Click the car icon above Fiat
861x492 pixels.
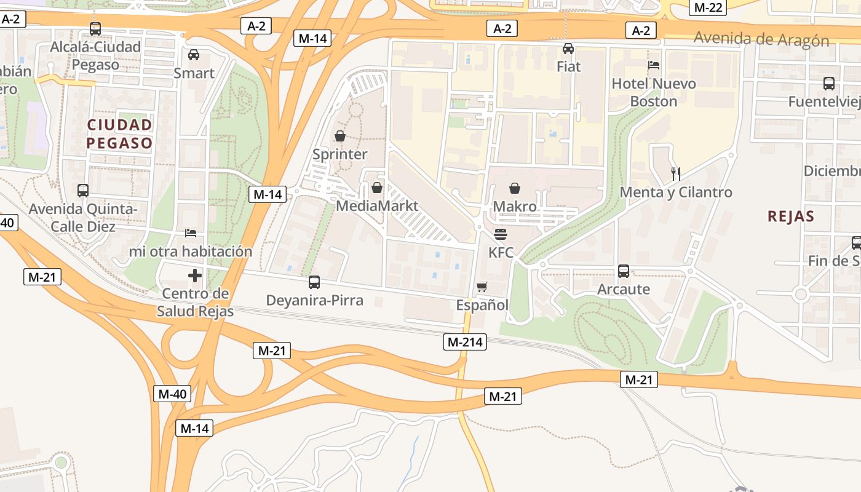(568, 49)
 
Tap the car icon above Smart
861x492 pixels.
(194, 55)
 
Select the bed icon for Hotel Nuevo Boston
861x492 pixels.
(654, 65)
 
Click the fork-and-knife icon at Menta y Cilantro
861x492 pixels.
(676, 173)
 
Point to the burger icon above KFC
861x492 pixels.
(501, 234)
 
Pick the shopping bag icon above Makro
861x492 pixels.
(515, 188)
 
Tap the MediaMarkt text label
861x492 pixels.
(377, 205)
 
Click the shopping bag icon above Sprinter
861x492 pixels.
(339, 136)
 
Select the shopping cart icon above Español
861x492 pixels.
(482, 287)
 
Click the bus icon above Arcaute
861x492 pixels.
(624, 271)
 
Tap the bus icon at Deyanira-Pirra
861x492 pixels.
(314, 282)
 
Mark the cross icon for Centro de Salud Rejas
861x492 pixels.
(195, 276)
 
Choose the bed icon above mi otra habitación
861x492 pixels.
(191, 233)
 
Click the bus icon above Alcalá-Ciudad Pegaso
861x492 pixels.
(95, 28)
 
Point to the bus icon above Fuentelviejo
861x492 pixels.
(829, 84)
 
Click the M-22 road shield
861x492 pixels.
(707, 7)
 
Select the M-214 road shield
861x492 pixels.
(464, 342)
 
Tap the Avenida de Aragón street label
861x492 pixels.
(761, 39)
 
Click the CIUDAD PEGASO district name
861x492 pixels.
(119, 134)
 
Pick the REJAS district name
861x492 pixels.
(791, 216)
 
